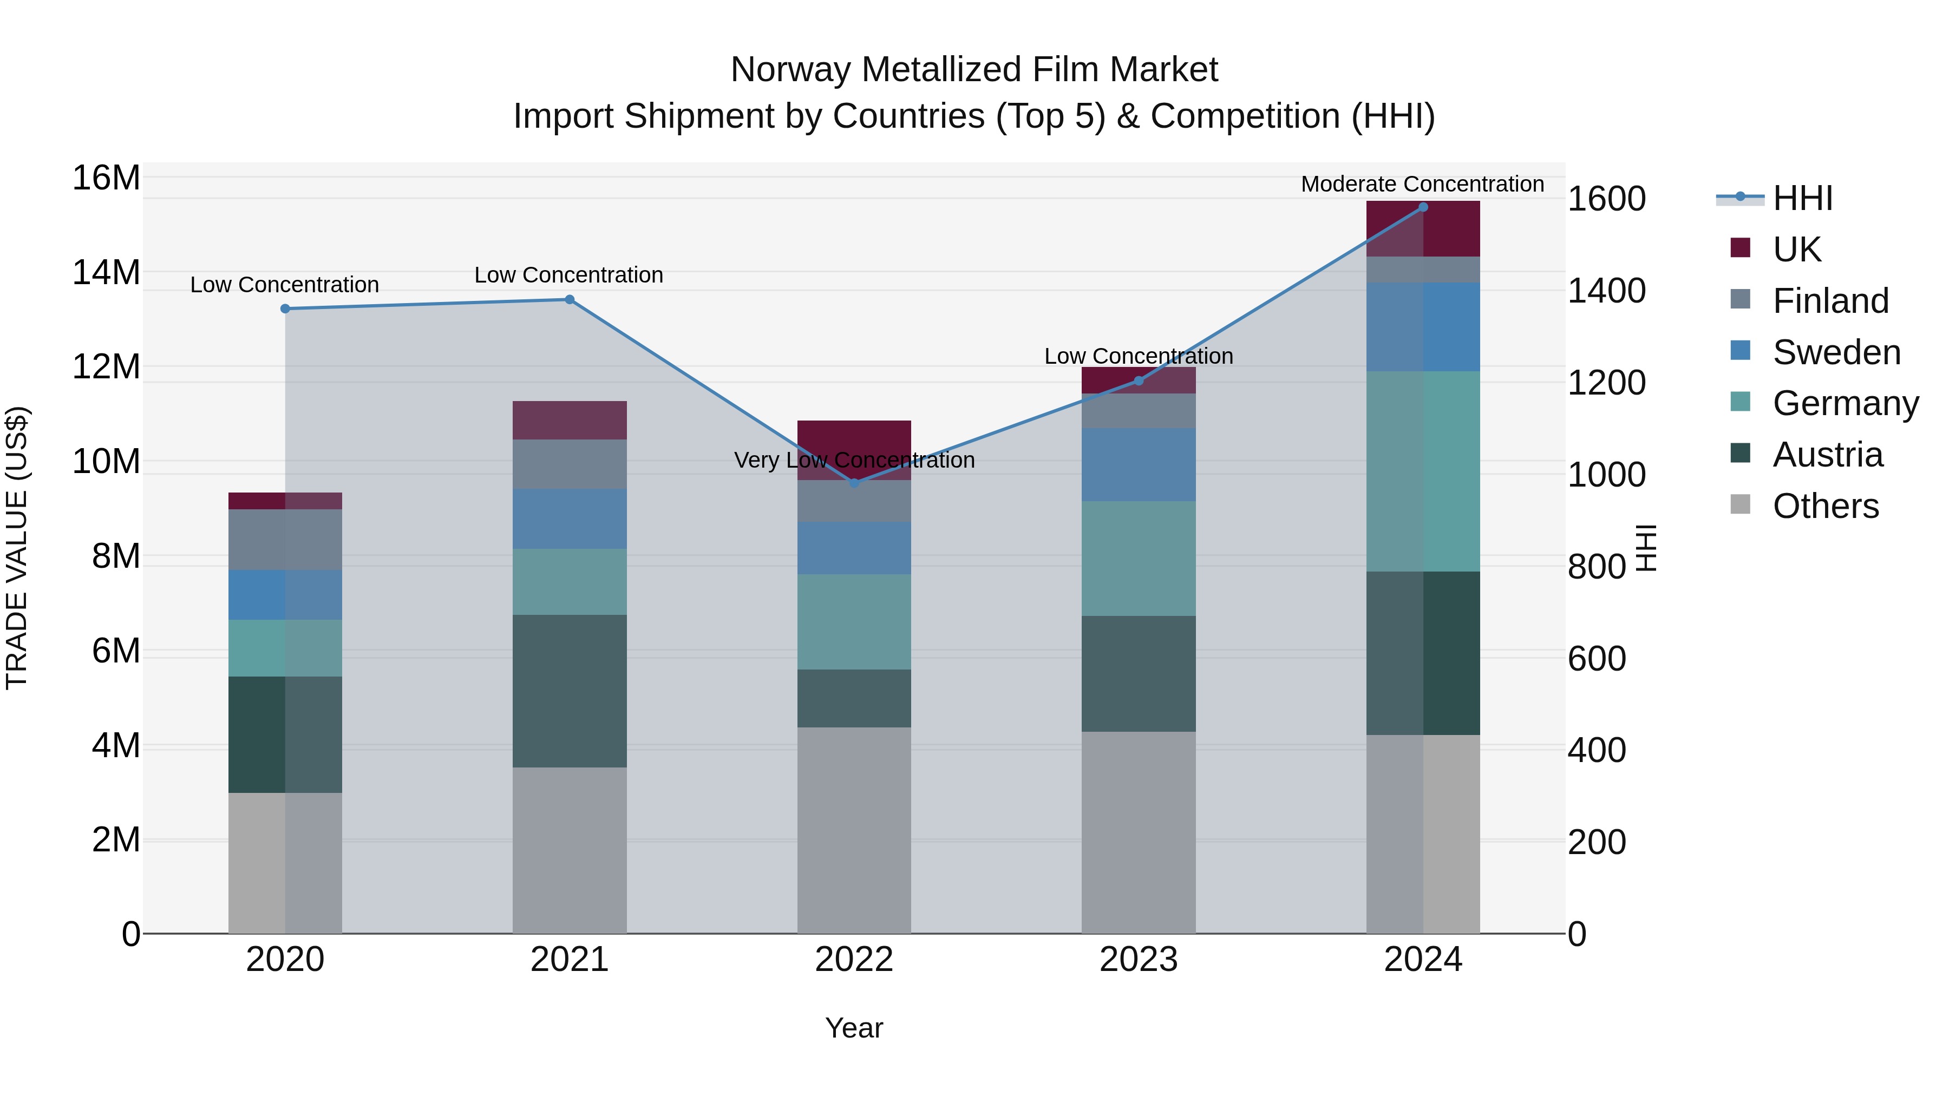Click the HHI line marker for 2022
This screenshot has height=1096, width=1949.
[854, 483]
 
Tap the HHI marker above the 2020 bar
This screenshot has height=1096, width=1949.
[285, 309]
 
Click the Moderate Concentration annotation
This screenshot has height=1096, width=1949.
[1422, 184]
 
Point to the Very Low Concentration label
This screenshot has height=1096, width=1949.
[854, 460]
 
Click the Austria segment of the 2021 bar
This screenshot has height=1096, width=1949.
[570, 691]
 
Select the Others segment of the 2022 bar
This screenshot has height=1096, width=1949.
[854, 830]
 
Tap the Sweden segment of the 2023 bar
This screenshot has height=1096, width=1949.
[1139, 464]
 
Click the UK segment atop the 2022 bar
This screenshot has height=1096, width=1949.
[854, 439]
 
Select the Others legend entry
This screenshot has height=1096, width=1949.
[1825, 506]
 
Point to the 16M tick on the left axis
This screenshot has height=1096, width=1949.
[106, 179]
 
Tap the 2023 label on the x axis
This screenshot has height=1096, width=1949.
[1139, 960]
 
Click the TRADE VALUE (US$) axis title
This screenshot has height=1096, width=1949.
[17, 548]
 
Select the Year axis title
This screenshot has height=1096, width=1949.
[854, 1028]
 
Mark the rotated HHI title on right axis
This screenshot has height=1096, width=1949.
[1646, 548]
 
